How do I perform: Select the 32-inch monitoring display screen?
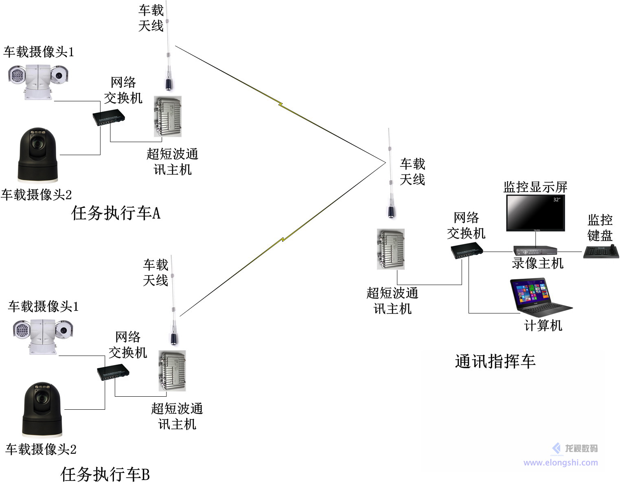pyautogui.click(x=535, y=213)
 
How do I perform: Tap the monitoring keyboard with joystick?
pyautogui.click(x=601, y=252)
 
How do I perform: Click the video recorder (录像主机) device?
pyautogui.click(x=535, y=250)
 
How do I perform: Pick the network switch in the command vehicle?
pyautogui.click(x=467, y=250)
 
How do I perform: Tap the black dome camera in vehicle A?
pyautogui.click(x=38, y=155)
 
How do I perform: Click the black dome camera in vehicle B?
pyautogui.click(x=42, y=409)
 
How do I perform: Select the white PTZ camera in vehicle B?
pyautogui.click(x=42, y=336)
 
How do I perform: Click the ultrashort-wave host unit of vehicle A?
pyautogui.click(x=167, y=116)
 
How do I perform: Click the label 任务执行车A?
pyautogui.click(x=116, y=213)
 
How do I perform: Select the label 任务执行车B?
pyautogui.click(x=105, y=474)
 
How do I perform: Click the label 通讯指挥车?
pyautogui.click(x=495, y=361)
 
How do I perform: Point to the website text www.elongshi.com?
pyautogui.click(x=560, y=463)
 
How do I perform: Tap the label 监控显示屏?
pyautogui.click(x=535, y=187)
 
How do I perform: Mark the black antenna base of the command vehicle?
pyautogui.click(x=391, y=212)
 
